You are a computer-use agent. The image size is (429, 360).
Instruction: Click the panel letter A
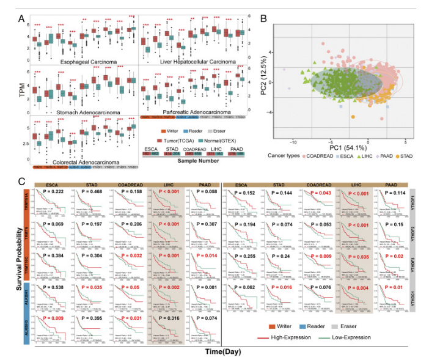tap(21, 17)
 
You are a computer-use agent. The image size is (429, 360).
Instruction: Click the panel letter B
tap(263, 18)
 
